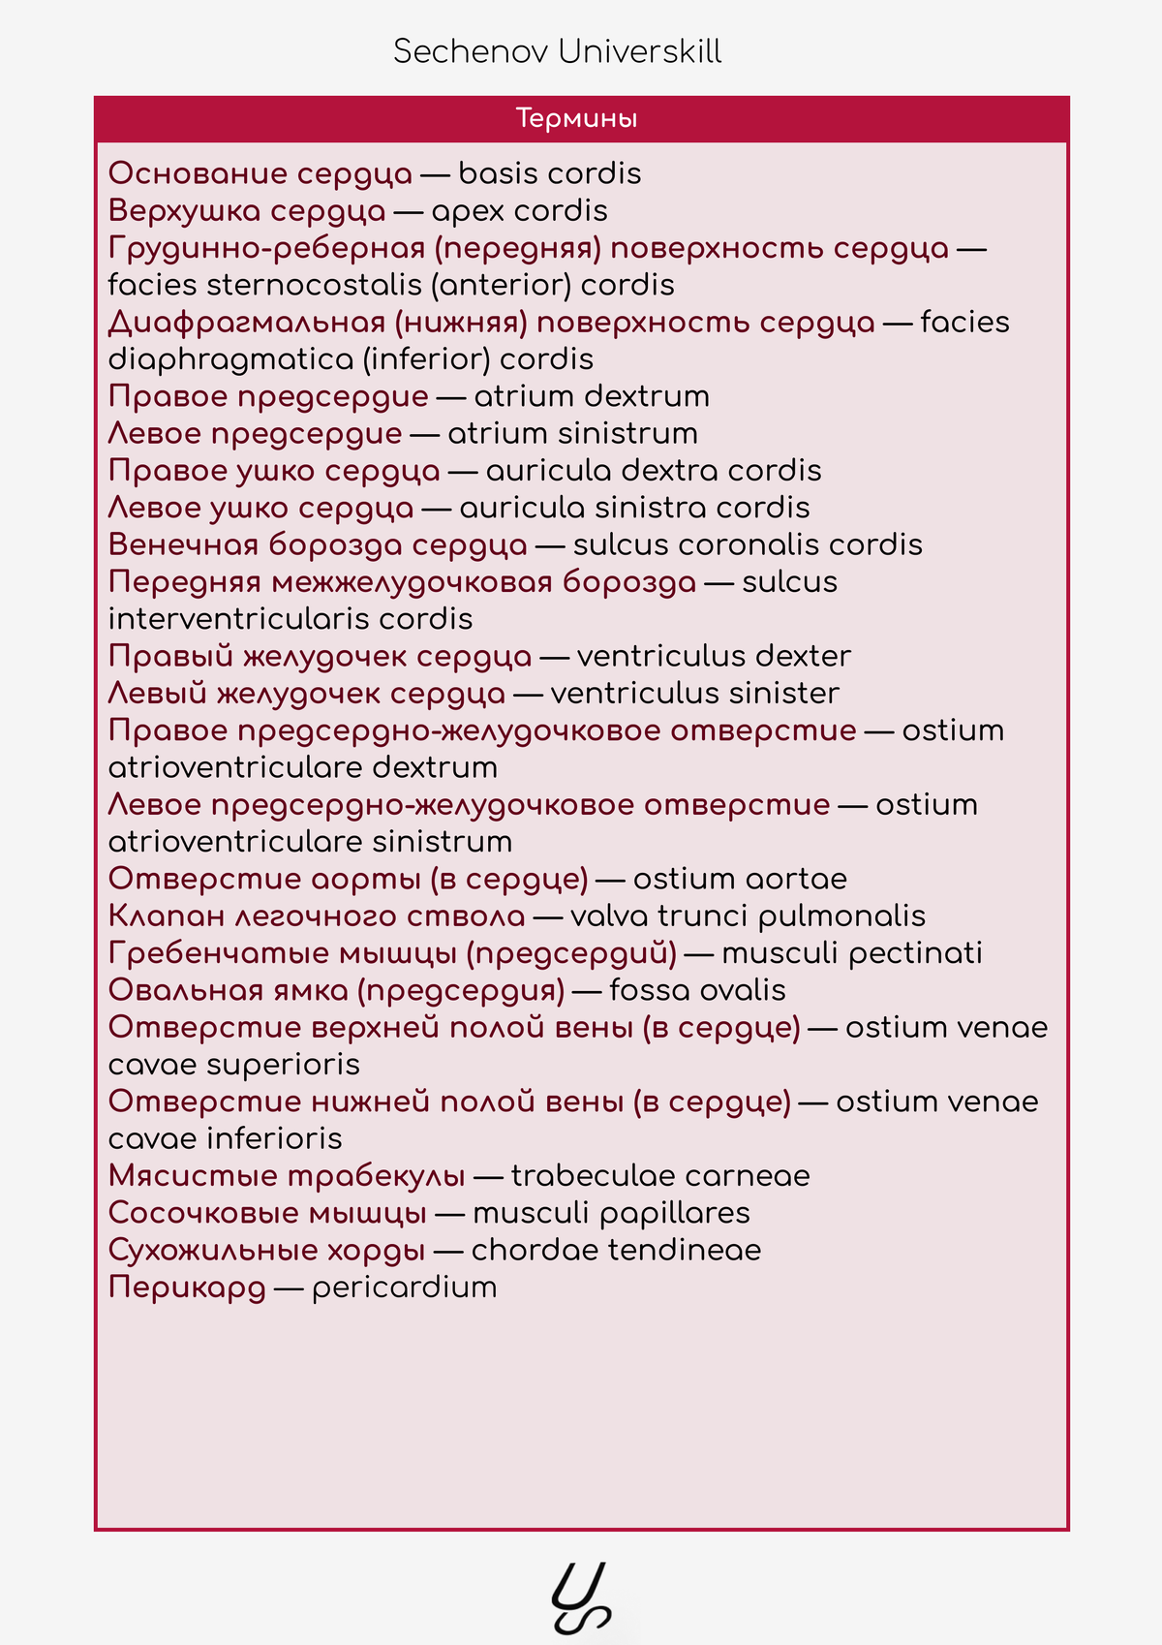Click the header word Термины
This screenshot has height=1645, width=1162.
click(x=576, y=119)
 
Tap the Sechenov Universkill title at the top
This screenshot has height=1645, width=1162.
click(x=557, y=51)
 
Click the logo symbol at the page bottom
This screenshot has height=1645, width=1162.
click(x=581, y=1598)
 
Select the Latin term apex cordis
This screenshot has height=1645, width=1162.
click(x=519, y=211)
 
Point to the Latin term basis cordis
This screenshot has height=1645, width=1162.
click(x=549, y=173)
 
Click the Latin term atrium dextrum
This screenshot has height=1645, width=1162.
click(x=592, y=396)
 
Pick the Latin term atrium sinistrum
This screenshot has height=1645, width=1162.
click(x=572, y=433)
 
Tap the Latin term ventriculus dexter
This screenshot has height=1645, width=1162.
click(x=714, y=656)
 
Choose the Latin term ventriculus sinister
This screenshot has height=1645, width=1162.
click(x=694, y=694)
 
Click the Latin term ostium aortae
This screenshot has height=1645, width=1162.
click(x=740, y=879)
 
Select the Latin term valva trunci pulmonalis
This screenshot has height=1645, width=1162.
click(x=748, y=916)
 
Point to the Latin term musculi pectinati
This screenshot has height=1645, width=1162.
click(x=852, y=953)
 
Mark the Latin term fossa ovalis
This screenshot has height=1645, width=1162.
click(x=697, y=990)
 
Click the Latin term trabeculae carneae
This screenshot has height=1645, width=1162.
click(x=660, y=1176)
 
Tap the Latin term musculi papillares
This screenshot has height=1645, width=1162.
click(x=611, y=1213)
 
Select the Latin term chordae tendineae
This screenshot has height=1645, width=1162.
click(x=616, y=1250)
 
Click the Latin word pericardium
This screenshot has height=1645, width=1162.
click(x=404, y=1288)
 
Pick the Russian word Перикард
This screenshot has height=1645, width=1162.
click(x=187, y=1288)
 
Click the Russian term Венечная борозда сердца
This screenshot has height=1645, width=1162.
click(x=318, y=544)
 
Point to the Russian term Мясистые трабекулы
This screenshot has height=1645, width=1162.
click(x=287, y=1176)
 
